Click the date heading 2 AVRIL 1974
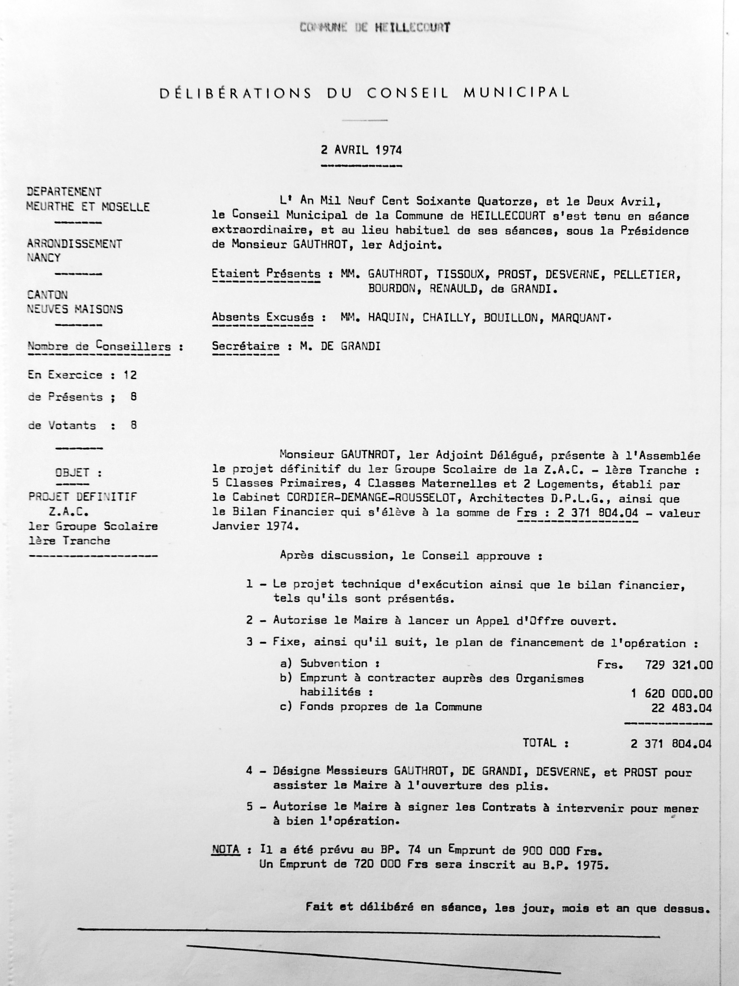pos(361,150)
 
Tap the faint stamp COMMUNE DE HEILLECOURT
pos(375,28)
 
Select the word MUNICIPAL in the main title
pos(517,93)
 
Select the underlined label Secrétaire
pos(246,346)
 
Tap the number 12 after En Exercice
pos(130,375)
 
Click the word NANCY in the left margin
pos(44,258)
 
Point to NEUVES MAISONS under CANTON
pos(75,309)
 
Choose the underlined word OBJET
pos(72,473)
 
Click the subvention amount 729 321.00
pos(678,665)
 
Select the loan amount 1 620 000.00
pos(672,693)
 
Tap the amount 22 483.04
pos(682,708)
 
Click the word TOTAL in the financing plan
pos(539,743)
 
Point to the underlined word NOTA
pos(225,849)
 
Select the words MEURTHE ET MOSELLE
pos(88,207)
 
